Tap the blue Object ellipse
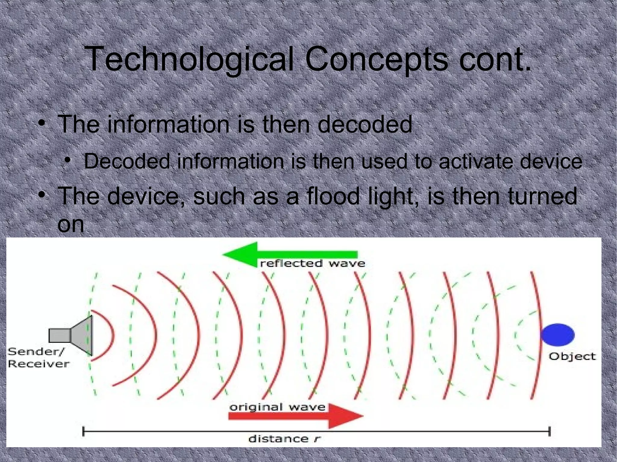[558, 334]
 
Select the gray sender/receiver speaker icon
[72, 335]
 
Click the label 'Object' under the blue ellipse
[572, 356]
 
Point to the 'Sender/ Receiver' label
[38, 358]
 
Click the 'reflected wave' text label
[312, 264]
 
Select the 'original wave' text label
[277, 407]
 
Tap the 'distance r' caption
[285, 439]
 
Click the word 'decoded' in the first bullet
[365, 124]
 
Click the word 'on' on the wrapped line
[70, 224]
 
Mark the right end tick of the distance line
[550, 431]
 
